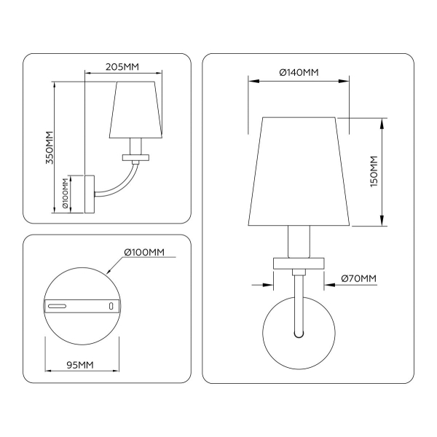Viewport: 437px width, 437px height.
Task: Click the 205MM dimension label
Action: pos(122,66)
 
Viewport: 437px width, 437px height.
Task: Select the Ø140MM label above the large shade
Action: pos(299,72)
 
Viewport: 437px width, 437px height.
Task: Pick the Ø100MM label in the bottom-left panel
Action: pos(144,253)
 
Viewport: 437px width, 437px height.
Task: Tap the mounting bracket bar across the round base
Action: pos(80,306)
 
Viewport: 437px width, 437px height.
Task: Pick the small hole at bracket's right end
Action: pos(110,307)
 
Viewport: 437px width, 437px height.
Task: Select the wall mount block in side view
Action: pos(90,194)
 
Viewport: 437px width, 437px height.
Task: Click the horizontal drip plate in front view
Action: pos(299,261)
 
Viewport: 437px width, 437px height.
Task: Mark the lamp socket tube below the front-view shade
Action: pos(299,241)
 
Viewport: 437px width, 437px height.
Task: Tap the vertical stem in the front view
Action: pos(299,302)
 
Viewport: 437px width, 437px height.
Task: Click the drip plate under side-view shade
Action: pos(135,157)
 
